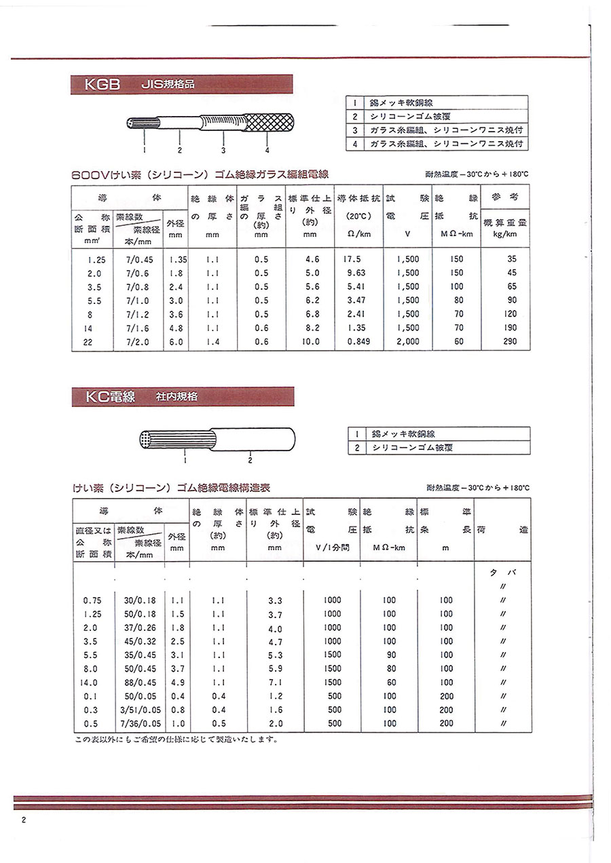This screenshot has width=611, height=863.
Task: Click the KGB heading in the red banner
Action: (x=102, y=85)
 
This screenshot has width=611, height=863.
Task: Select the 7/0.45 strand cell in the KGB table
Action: (x=138, y=259)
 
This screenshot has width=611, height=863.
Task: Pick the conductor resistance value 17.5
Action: (x=352, y=259)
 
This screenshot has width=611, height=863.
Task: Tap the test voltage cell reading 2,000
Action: (x=407, y=342)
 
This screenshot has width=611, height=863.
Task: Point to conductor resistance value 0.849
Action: (x=358, y=342)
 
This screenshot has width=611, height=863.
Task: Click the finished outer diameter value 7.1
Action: (x=275, y=683)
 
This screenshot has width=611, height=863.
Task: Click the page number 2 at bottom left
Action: (x=24, y=820)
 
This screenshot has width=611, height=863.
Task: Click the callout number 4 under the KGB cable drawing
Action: (x=267, y=150)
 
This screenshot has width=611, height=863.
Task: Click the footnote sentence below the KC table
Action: (x=176, y=740)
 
